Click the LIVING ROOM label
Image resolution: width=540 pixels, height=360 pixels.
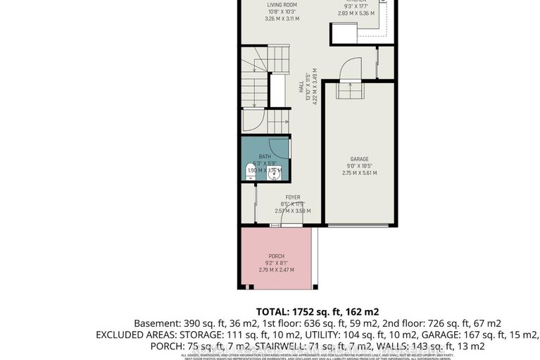point(281,5)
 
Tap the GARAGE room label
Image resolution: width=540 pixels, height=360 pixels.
point(360,159)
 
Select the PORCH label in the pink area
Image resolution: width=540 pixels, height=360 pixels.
point(277,255)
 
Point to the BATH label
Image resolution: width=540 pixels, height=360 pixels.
point(265,156)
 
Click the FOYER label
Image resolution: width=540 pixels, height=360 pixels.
point(293,197)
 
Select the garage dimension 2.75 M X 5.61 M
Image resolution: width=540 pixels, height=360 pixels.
point(360,173)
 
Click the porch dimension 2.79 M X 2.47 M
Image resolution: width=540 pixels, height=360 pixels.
point(277,269)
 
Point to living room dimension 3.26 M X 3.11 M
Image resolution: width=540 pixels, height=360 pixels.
point(281,18)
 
